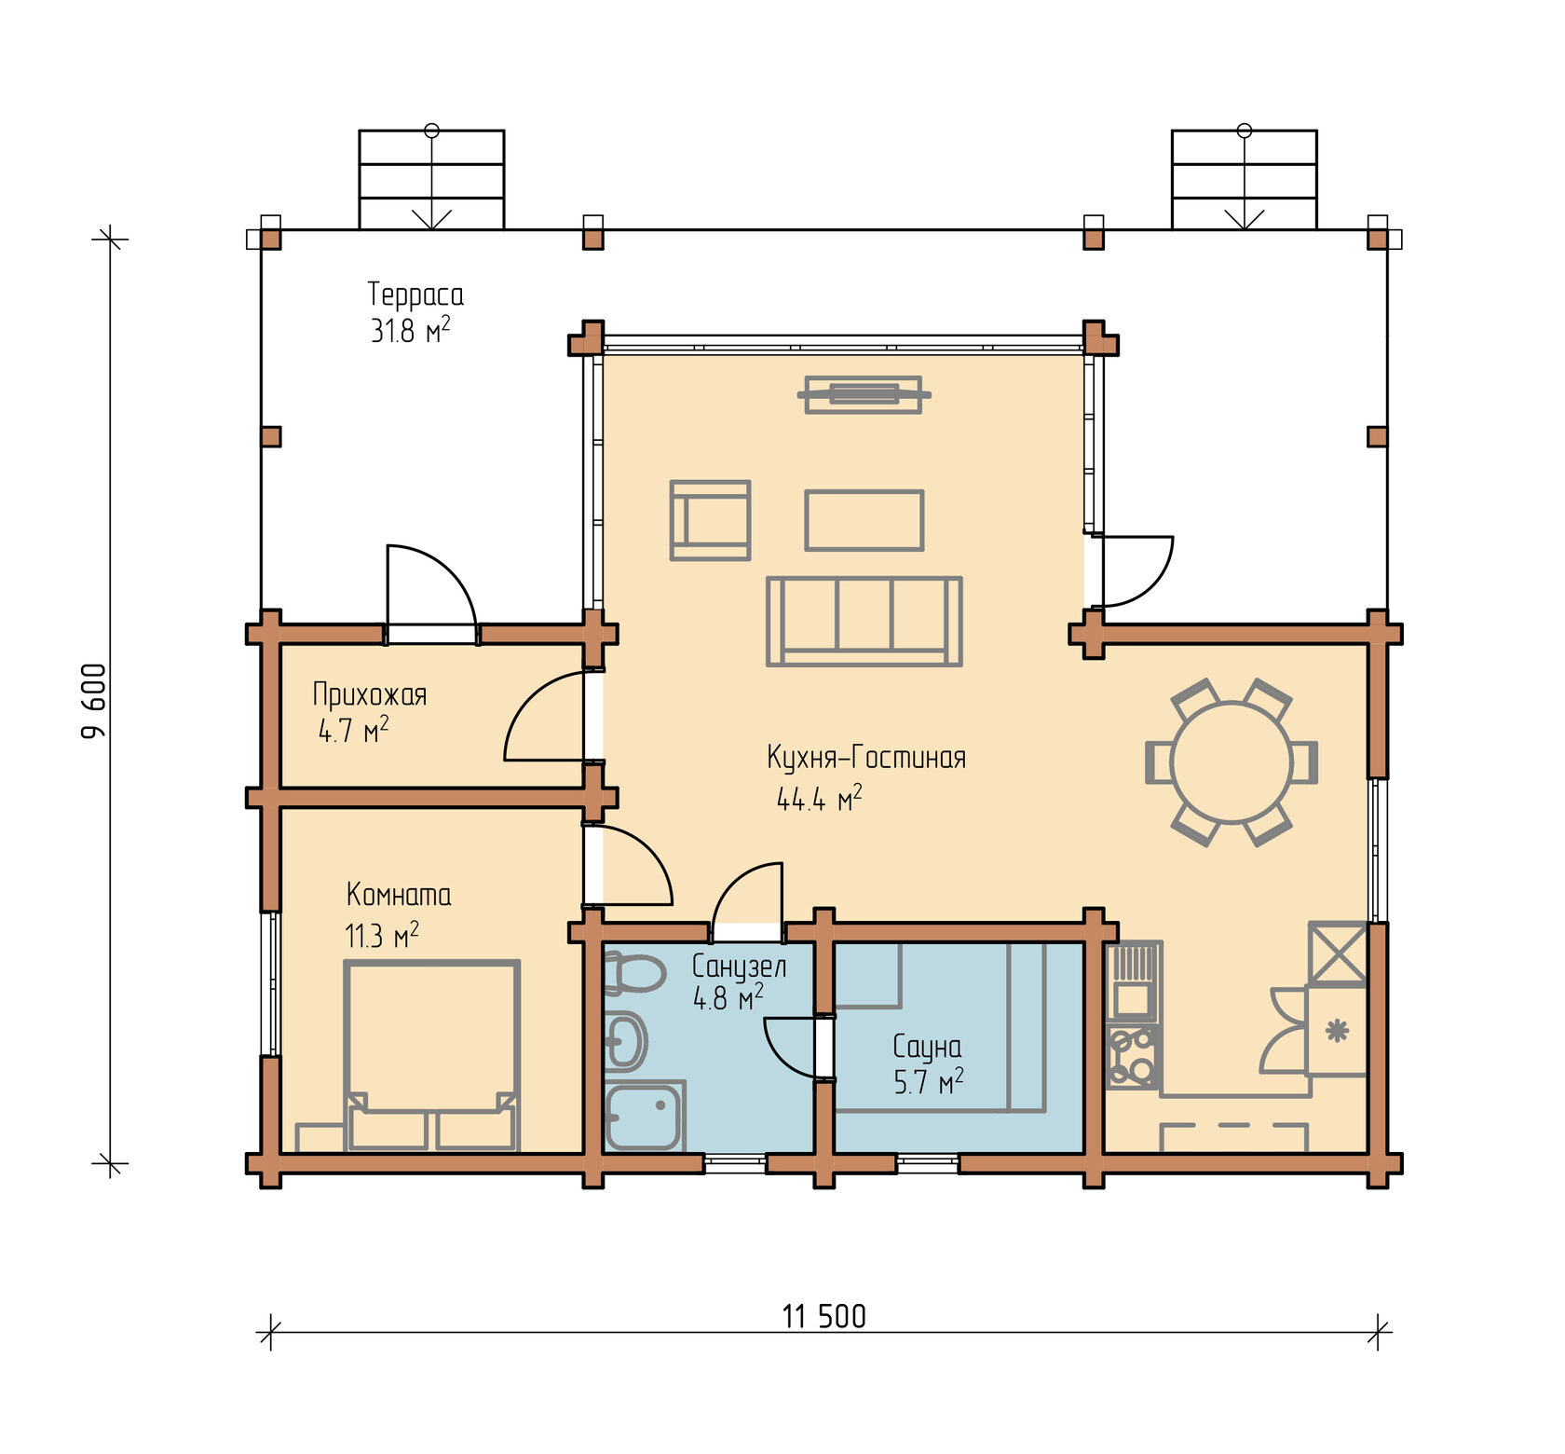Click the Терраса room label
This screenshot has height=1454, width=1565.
click(415, 295)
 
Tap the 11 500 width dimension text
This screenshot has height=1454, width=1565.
click(823, 1317)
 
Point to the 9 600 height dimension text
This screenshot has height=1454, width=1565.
click(94, 701)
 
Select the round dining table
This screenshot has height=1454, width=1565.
click(1232, 762)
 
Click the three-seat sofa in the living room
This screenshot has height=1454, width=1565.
click(864, 621)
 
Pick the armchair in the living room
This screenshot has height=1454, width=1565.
click(710, 520)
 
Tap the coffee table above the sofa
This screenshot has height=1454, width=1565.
click(864, 520)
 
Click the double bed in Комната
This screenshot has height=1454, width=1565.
click(431, 1055)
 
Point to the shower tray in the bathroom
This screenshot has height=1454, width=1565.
click(645, 1116)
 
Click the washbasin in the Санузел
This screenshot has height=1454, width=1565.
click(625, 1041)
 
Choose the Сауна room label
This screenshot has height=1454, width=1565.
click(927, 1047)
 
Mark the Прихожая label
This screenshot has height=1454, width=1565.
click(370, 694)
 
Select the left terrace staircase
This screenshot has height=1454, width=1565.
click(431, 179)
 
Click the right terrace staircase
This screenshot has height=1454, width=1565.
click(1245, 179)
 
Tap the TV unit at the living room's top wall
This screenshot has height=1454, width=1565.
click(864, 394)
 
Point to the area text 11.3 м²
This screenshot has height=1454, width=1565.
click(382, 935)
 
